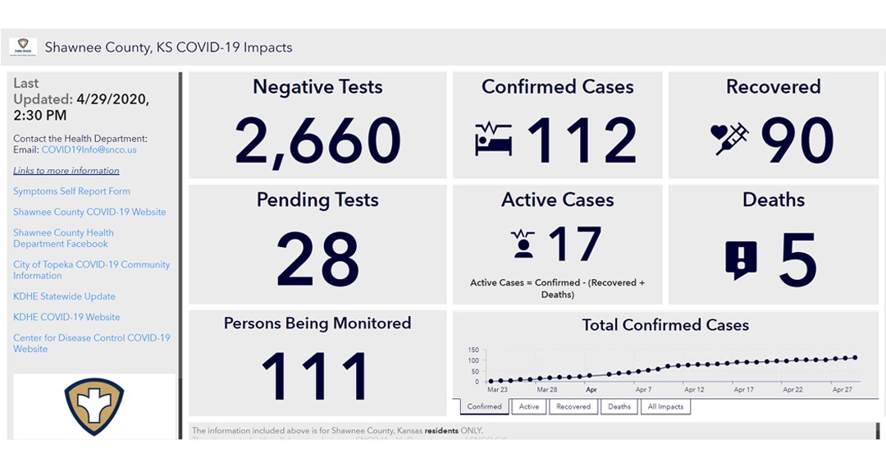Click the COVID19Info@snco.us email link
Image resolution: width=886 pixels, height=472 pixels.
pyautogui.click(x=89, y=150)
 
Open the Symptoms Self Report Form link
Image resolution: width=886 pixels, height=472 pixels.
pyautogui.click(x=71, y=191)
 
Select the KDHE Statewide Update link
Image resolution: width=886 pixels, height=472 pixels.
pyautogui.click(x=64, y=296)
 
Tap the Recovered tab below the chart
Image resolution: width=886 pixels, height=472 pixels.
pyautogui.click(x=573, y=406)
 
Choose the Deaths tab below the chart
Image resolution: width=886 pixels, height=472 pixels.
pyautogui.click(x=619, y=406)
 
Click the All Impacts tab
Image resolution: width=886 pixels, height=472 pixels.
pyautogui.click(x=665, y=406)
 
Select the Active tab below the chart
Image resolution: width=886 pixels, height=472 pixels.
pyautogui.click(x=529, y=406)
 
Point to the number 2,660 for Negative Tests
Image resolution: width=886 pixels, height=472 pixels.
pyautogui.click(x=317, y=140)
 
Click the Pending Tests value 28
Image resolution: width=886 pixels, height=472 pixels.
pyautogui.click(x=317, y=258)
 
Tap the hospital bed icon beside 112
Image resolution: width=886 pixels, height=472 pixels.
pyautogui.click(x=493, y=139)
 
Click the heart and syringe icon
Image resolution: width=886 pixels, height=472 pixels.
pyautogui.click(x=730, y=139)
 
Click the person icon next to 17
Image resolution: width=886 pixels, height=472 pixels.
pyautogui.click(x=523, y=245)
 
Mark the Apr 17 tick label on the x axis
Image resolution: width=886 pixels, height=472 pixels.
pyautogui.click(x=744, y=390)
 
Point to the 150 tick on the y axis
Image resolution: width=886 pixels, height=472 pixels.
pyautogui.click(x=473, y=350)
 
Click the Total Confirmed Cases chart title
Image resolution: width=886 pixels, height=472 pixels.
pyautogui.click(x=665, y=325)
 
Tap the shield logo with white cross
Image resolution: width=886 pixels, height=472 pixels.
pyautogui.click(x=94, y=406)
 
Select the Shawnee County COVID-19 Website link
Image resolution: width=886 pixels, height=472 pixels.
pyautogui.click(x=89, y=212)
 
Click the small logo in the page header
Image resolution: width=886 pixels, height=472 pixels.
pyautogui.click(x=23, y=47)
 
